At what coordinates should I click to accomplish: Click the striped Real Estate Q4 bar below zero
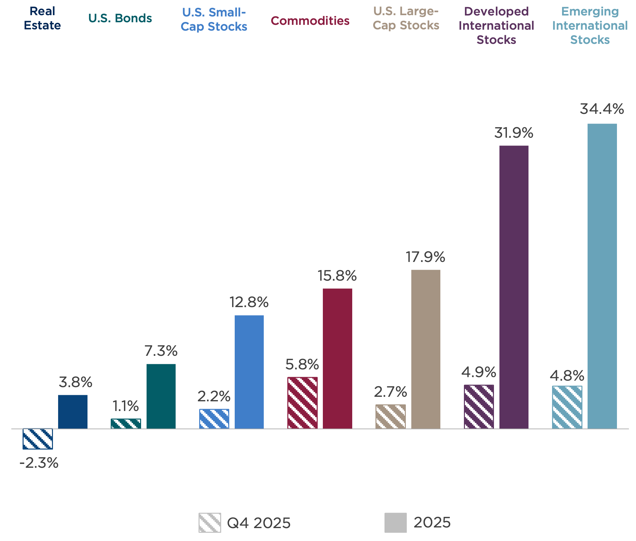click(38, 439)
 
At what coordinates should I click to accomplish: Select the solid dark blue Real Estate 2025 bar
click(73, 412)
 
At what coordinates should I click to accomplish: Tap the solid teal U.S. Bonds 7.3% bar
click(161, 396)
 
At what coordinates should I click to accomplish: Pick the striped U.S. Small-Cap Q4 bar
click(214, 419)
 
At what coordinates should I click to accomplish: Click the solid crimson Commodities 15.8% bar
click(337, 358)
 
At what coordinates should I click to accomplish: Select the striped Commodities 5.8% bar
click(302, 403)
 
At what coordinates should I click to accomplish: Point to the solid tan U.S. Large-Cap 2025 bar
click(426, 349)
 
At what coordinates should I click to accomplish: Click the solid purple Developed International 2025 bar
click(514, 287)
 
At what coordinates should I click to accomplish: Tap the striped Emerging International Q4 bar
click(567, 407)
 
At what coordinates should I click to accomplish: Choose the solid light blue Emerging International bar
click(602, 276)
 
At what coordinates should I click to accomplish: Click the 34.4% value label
click(602, 109)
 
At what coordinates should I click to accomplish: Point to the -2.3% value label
click(39, 463)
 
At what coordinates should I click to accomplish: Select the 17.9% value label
click(425, 257)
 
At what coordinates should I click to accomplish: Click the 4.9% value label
click(478, 372)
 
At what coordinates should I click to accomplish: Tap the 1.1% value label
click(126, 406)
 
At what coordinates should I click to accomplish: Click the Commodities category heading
click(310, 21)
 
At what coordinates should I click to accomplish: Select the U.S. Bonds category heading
click(120, 18)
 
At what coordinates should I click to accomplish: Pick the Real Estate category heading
click(42, 18)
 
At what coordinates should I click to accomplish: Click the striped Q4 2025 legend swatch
click(210, 523)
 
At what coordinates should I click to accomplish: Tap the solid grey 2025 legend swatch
click(395, 523)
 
